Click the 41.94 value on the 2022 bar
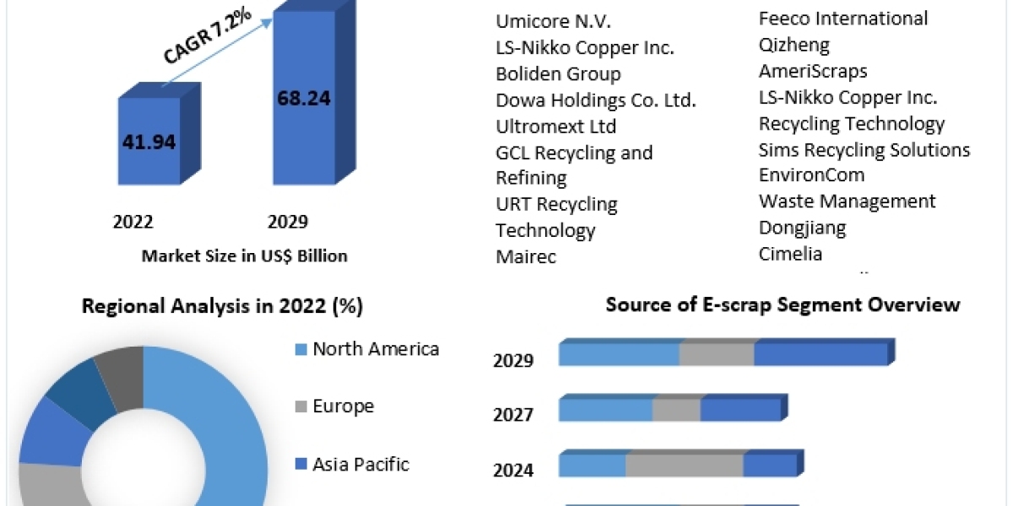tap(149, 142)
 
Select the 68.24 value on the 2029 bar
tap(304, 98)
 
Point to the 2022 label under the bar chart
tap(133, 223)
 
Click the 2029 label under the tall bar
tap(288, 223)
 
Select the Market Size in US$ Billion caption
tap(245, 256)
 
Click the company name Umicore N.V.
tap(553, 22)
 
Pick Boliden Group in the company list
tap(558, 74)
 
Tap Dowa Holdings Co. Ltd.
tap(596, 100)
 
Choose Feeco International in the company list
tap(843, 19)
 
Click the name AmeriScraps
tap(813, 71)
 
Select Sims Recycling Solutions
tap(864, 150)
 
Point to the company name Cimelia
tap(790, 253)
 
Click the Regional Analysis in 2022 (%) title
tap(222, 306)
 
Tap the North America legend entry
tap(376, 349)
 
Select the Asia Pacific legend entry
tap(360, 464)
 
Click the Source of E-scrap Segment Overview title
tap(783, 304)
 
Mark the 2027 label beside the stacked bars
tap(513, 415)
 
